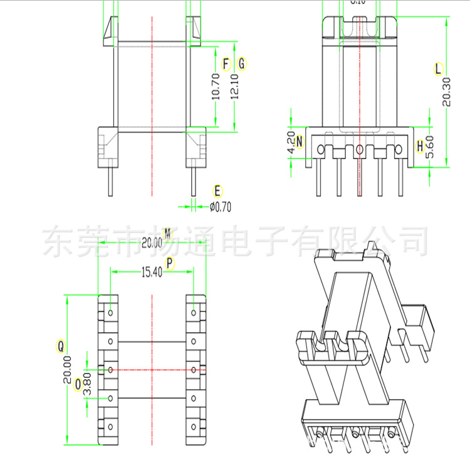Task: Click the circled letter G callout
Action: pos(242,64)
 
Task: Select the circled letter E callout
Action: pos(217,191)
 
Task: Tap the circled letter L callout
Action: pos(438,69)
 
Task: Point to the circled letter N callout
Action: pos(300,142)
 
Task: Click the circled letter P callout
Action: pos(170,265)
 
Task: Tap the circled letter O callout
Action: pos(78,384)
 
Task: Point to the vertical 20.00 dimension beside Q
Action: pos(68,370)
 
